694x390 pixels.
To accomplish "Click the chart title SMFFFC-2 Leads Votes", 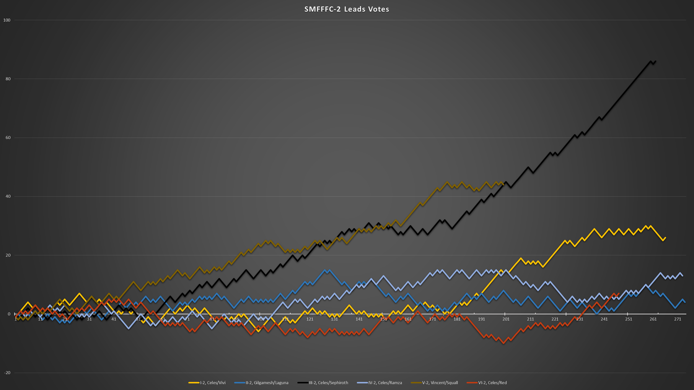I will click(x=347, y=9).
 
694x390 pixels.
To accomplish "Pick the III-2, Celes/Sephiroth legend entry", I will click(x=328, y=382).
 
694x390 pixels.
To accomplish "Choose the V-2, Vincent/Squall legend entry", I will click(x=440, y=382).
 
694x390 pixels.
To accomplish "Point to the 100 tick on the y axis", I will click(x=7, y=20).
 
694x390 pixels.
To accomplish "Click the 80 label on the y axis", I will click(x=8, y=79).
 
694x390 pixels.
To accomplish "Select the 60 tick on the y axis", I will click(x=8, y=138).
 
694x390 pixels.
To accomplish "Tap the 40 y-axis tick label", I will click(x=8, y=197).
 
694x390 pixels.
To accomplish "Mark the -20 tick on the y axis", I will click(x=7, y=373).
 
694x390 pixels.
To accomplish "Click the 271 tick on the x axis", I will click(x=678, y=319).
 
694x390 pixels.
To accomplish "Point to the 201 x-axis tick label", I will click(x=506, y=319).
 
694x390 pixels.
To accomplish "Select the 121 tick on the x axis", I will click(x=310, y=319).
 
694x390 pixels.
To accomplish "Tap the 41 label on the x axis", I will click(x=114, y=319).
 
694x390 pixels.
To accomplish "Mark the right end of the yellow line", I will click(x=665, y=238).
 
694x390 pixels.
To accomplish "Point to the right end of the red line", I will click(x=619, y=294).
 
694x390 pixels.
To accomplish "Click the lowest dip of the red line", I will click(x=503, y=343).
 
